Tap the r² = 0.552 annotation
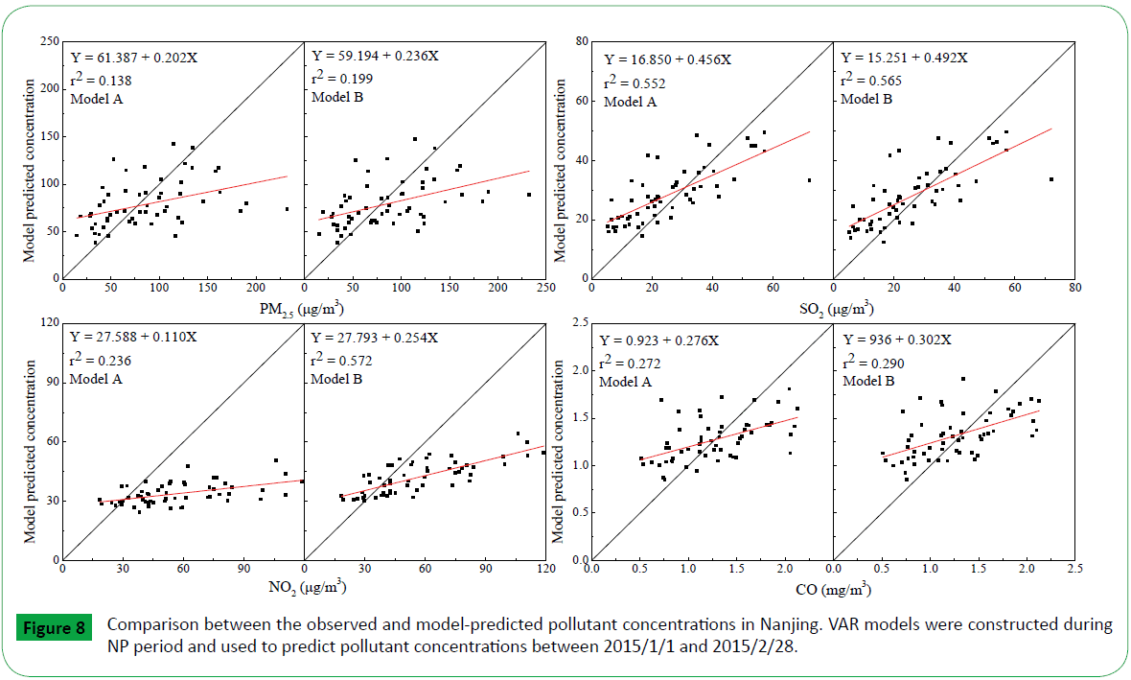pyautogui.click(x=635, y=82)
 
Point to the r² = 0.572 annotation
pyautogui.click(x=341, y=361)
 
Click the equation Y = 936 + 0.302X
pyautogui.click(x=897, y=340)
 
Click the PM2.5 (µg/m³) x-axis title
pyautogui.click(x=304, y=308)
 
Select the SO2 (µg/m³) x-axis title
pyautogui.click(x=833, y=308)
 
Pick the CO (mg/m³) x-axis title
pyautogui.click(x=833, y=587)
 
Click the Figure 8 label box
pyautogui.click(x=53, y=628)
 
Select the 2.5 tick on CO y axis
pyautogui.click(x=578, y=323)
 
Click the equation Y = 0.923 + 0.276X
pyautogui.click(x=659, y=340)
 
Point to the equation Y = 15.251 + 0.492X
pyautogui.click(x=905, y=58)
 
